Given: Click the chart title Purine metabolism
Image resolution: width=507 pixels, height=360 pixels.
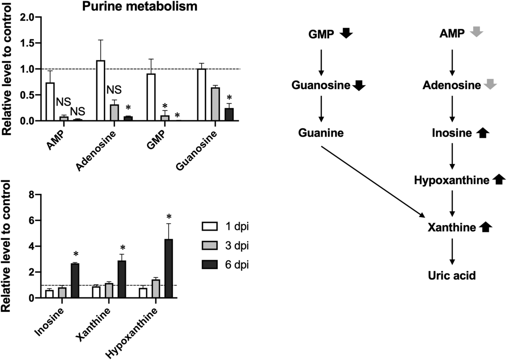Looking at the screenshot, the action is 140,7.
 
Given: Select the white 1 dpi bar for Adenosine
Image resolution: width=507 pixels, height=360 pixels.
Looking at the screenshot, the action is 101,90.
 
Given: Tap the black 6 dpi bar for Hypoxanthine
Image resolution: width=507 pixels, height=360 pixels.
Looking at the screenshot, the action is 169,268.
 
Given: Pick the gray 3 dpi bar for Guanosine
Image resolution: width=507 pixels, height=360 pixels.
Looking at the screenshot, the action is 215,104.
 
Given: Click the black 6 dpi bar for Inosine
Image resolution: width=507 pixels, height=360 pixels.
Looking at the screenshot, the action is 75,281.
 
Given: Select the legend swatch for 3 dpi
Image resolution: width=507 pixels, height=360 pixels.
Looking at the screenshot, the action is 210,245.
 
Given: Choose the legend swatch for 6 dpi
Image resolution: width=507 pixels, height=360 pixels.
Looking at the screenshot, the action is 210,265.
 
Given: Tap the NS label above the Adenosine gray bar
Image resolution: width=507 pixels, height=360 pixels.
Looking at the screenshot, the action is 114,90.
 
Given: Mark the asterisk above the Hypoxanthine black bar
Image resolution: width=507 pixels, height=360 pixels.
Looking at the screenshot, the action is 169,217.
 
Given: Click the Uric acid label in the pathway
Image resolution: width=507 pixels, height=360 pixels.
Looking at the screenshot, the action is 452,275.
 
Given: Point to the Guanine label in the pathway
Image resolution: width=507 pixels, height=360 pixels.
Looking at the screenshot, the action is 321,133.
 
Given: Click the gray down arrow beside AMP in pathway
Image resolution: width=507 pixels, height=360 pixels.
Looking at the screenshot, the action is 477,32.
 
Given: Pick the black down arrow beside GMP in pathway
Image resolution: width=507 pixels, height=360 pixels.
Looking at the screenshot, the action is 346,33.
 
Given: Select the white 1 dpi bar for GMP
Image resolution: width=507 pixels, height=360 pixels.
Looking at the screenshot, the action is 151,97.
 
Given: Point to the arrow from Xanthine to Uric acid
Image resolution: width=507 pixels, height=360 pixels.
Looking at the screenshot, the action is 452,251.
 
